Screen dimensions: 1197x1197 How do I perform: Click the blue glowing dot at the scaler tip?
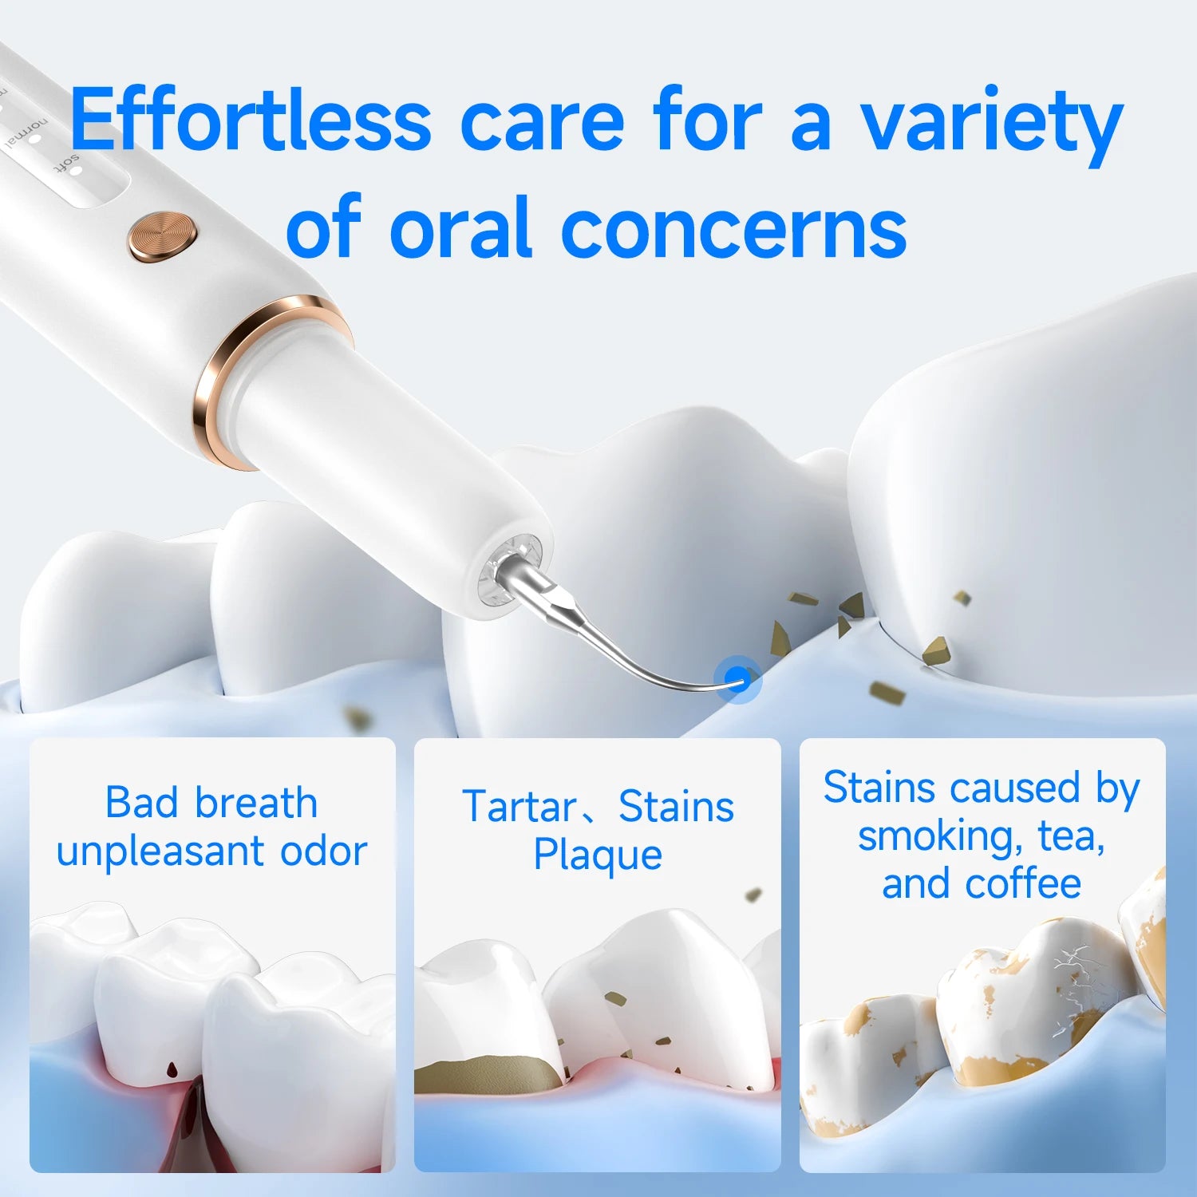coord(738,680)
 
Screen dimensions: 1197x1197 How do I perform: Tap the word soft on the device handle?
coord(68,165)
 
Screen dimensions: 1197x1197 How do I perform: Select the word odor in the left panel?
coord(323,851)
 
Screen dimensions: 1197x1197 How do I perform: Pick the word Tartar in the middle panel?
coord(519,806)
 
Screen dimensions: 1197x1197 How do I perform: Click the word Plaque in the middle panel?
coord(598,855)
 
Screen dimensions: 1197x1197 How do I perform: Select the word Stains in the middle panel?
coord(676,806)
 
